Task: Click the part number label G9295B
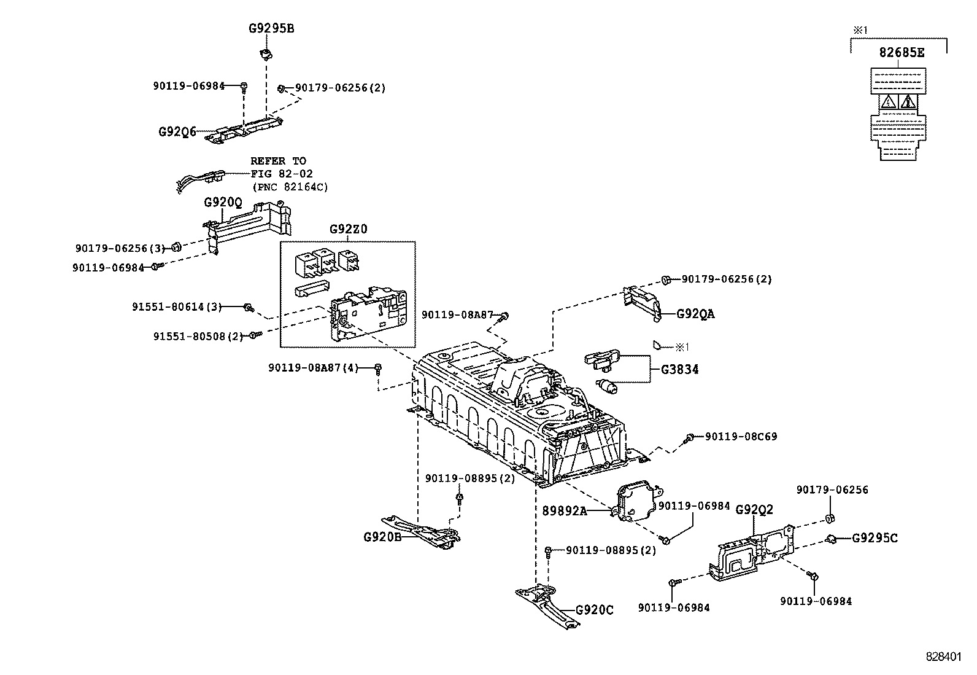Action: pos(271,28)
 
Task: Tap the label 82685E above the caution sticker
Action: pos(901,53)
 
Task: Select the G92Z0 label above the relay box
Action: pos(348,229)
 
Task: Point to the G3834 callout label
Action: pos(679,370)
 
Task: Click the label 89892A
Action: pos(564,510)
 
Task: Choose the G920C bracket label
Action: pos(594,610)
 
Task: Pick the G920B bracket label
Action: pos(382,536)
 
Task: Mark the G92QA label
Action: pos(695,314)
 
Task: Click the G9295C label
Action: pos(875,538)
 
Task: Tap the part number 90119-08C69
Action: pos(741,437)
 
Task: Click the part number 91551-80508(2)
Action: pos(198,336)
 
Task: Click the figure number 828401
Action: pos(943,656)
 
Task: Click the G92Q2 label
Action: pos(754,509)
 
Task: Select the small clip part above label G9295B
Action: pos(266,54)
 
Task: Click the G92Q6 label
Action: pos(177,131)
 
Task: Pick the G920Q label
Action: pos(223,202)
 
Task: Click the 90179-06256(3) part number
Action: pos(120,248)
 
